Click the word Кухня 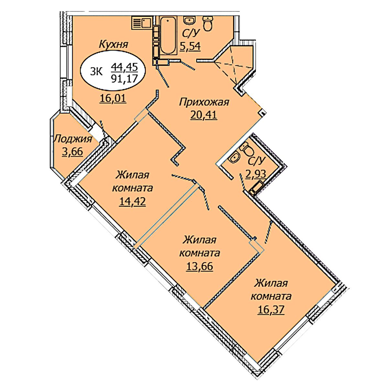point(113,44)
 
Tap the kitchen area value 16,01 point(113,99)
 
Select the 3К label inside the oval point(96,71)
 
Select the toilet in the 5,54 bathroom point(208,24)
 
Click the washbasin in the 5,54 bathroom point(189,21)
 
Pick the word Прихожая point(204,102)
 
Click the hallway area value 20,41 point(203,115)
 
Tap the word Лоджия point(72,139)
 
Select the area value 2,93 point(256,174)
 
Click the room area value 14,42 point(132,201)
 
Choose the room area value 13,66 point(199,266)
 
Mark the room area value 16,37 point(271,310)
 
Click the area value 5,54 point(190,46)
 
